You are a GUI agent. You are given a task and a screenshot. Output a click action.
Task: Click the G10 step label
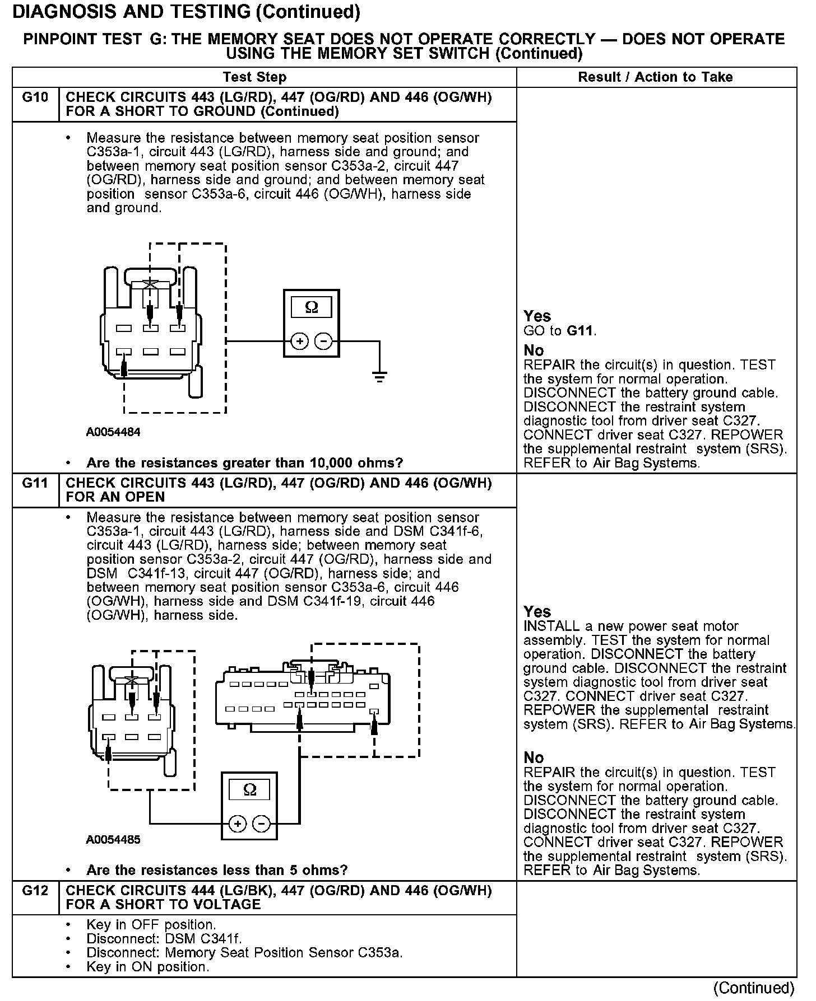(x=35, y=97)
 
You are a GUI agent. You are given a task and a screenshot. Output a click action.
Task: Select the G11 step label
(x=35, y=483)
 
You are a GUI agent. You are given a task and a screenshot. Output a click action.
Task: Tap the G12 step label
(x=35, y=890)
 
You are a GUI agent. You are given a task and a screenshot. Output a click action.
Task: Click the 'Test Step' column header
(x=254, y=77)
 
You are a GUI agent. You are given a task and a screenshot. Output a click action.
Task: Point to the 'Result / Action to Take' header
(x=655, y=77)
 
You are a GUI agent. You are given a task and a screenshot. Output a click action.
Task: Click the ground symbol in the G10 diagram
(x=379, y=376)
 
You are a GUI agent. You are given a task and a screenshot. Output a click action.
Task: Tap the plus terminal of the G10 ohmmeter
(x=300, y=341)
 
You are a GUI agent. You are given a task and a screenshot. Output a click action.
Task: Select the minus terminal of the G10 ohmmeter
(x=323, y=341)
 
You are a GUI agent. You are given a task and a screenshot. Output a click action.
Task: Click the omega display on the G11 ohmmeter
(x=250, y=789)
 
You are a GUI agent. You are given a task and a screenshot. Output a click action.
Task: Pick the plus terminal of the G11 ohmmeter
(x=238, y=824)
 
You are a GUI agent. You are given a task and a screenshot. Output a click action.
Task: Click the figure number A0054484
(x=113, y=432)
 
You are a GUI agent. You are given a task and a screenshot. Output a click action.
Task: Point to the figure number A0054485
(x=113, y=840)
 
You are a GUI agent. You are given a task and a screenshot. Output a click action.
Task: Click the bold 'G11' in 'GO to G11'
(x=581, y=331)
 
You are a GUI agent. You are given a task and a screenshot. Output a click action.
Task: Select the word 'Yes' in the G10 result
(x=537, y=316)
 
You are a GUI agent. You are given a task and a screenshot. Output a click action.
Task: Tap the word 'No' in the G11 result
(x=534, y=757)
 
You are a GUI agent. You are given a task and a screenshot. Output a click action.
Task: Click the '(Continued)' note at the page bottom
(x=754, y=988)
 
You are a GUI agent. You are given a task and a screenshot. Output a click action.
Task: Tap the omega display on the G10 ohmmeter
(x=311, y=307)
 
